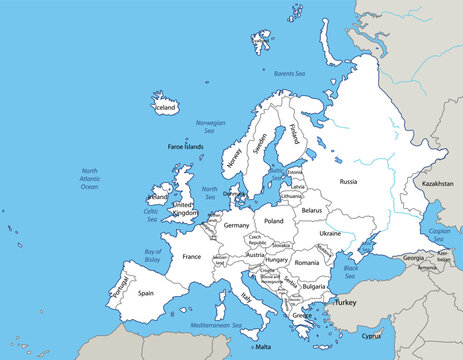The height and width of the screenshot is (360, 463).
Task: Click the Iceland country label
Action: (164, 106)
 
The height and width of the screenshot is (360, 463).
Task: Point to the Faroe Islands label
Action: (186, 146)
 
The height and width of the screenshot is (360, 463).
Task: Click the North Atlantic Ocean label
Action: (89, 178)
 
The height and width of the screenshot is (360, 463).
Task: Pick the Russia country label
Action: (348, 181)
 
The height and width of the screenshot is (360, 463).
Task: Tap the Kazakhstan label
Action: (438, 185)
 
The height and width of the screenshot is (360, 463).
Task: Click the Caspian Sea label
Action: (441, 234)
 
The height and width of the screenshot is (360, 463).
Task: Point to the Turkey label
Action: (345, 301)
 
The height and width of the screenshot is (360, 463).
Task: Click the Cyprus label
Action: (372, 336)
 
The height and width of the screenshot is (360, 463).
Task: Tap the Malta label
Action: (263, 347)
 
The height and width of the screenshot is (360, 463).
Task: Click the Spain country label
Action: (146, 293)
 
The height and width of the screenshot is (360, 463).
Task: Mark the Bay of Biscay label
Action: (152, 255)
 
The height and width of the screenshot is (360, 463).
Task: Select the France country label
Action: (192, 257)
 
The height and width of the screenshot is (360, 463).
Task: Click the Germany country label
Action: (237, 225)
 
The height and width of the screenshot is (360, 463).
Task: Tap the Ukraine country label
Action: (329, 233)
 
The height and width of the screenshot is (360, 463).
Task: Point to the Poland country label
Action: (273, 220)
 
